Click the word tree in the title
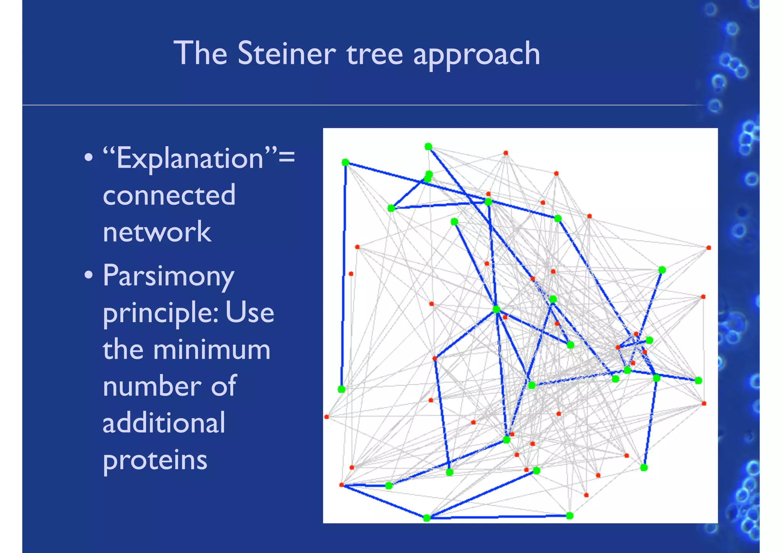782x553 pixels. pyautogui.click(x=375, y=54)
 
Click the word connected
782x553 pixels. pyautogui.click(x=169, y=195)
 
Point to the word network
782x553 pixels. pyautogui.click(x=157, y=232)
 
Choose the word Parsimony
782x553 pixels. pyautogui.click(x=168, y=276)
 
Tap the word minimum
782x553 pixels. pyautogui.click(x=212, y=349)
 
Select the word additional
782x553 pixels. pyautogui.click(x=164, y=423)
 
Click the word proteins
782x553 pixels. pyautogui.click(x=155, y=460)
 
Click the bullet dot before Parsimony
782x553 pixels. pyautogui.click(x=89, y=275)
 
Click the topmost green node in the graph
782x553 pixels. pyautogui.click(x=428, y=146)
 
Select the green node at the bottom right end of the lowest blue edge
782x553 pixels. pyautogui.click(x=569, y=516)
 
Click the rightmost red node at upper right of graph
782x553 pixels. pyautogui.click(x=709, y=248)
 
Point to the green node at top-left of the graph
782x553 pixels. pyautogui.click(x=345, y=162)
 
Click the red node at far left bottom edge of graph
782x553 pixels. pyautogui.click(x=326, y=417)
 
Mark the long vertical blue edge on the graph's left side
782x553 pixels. pyautogui.click(x=344, y=275)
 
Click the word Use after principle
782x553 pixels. pyautogui.click(x=250, y=312)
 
